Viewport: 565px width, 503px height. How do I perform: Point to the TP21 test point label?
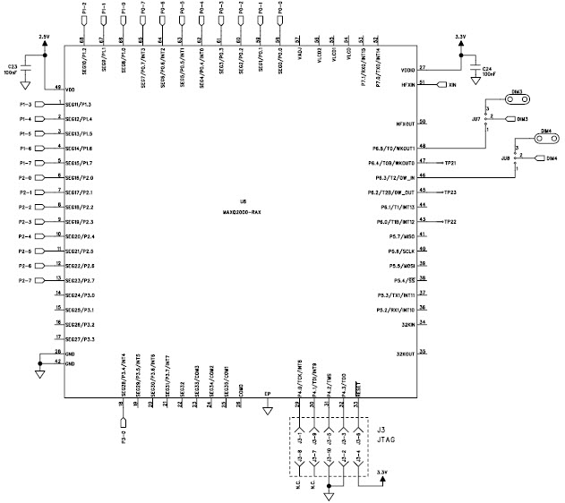point(451,163)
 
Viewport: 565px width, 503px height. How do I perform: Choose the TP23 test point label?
point(451,192)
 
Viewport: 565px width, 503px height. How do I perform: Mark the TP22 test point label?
point(451,221)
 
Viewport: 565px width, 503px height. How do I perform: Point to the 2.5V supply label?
point(45,36)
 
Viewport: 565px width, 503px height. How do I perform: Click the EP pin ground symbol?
point(267,412)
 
